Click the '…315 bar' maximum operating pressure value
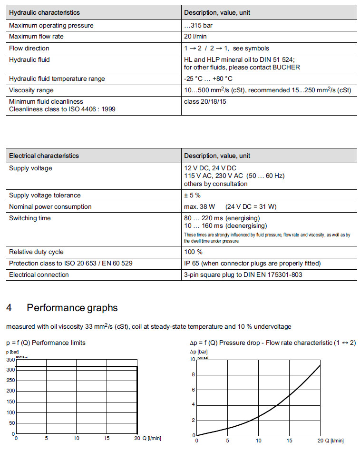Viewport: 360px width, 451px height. coord(198,25)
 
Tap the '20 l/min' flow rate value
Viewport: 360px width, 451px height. coord(195,37)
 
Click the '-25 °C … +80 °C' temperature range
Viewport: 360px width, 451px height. coord(208,78)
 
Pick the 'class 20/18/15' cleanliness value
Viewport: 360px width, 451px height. coord(205,101)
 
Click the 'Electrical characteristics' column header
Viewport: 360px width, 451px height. coord(44,156)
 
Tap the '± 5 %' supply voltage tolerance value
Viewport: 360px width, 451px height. coord(192,195)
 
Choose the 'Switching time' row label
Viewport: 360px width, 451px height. coord(29,218)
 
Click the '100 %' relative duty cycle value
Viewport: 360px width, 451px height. coord(193,252)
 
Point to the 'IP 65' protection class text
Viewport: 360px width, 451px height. coord(192,263)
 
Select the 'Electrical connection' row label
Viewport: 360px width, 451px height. coord(39,275)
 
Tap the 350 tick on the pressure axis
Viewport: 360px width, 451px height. coord(10,360)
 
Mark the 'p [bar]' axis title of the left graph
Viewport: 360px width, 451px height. coord(12,352)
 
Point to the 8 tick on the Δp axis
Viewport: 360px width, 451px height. coord(193,375)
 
